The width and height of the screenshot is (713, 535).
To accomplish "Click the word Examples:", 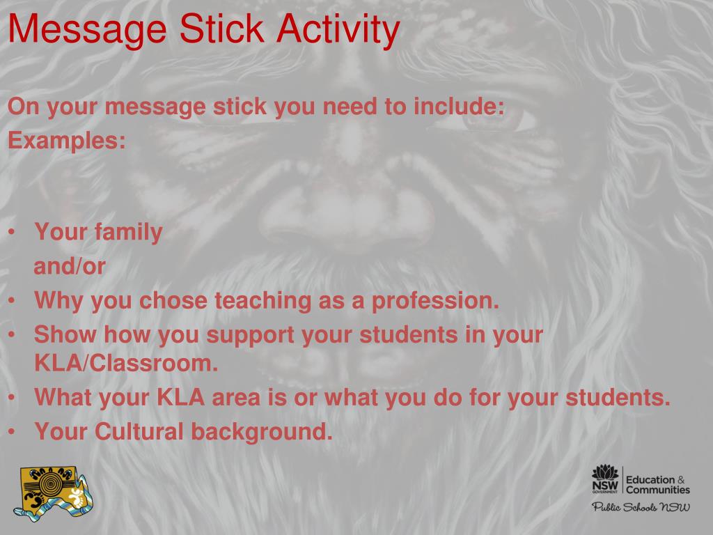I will click(x=67, y=141).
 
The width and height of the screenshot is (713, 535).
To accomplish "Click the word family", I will click(x=130, y=232).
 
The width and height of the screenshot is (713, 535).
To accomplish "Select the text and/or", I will click(x=70, y=266).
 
